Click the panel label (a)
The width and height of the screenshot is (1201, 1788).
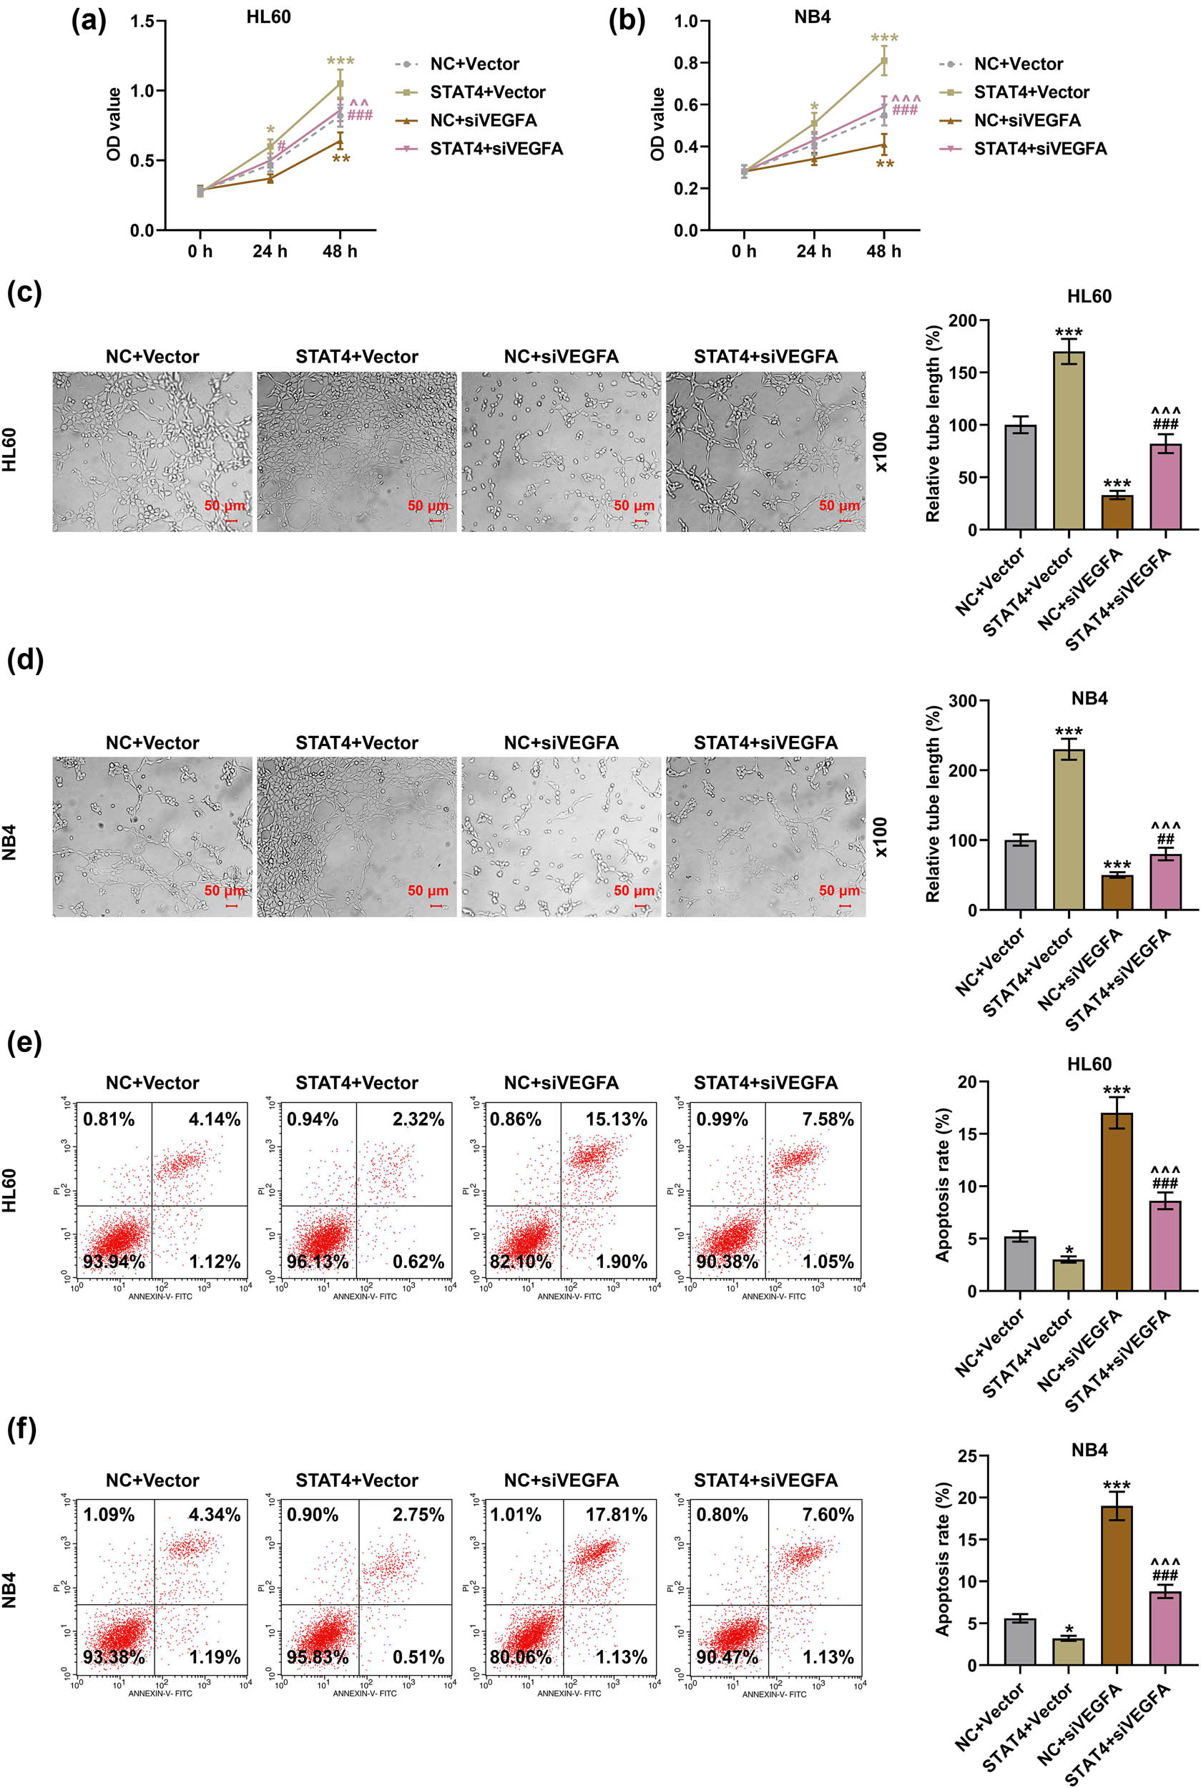coord(88,21)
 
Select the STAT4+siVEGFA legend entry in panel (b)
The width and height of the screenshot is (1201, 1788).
coord(1039,149)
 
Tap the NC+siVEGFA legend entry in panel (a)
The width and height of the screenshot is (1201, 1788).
coord(483,120)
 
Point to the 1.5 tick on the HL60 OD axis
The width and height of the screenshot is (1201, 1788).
coord(142,21)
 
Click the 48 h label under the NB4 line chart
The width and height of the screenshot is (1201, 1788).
coord(883,251)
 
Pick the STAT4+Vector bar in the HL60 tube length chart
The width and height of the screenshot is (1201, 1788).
coord(1069,441)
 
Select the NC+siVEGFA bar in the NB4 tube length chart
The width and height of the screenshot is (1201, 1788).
coord(1117,892)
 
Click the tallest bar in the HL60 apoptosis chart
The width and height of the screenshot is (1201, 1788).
coord(1117,1202)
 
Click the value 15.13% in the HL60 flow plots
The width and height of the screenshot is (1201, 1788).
coord(616,1119)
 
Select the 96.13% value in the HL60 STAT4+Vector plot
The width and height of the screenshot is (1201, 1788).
coord(317,1262)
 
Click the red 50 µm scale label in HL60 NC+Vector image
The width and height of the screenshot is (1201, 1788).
coord(225,506)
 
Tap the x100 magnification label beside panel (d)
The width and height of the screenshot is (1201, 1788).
coord(880,837)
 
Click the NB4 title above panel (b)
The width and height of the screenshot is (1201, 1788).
coord(812,17)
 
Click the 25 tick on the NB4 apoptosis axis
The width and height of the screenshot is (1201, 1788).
coord(966,1455)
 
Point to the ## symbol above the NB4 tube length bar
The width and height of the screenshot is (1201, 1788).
coord(1165,839)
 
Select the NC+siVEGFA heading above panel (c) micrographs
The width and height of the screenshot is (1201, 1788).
coord(561,356)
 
